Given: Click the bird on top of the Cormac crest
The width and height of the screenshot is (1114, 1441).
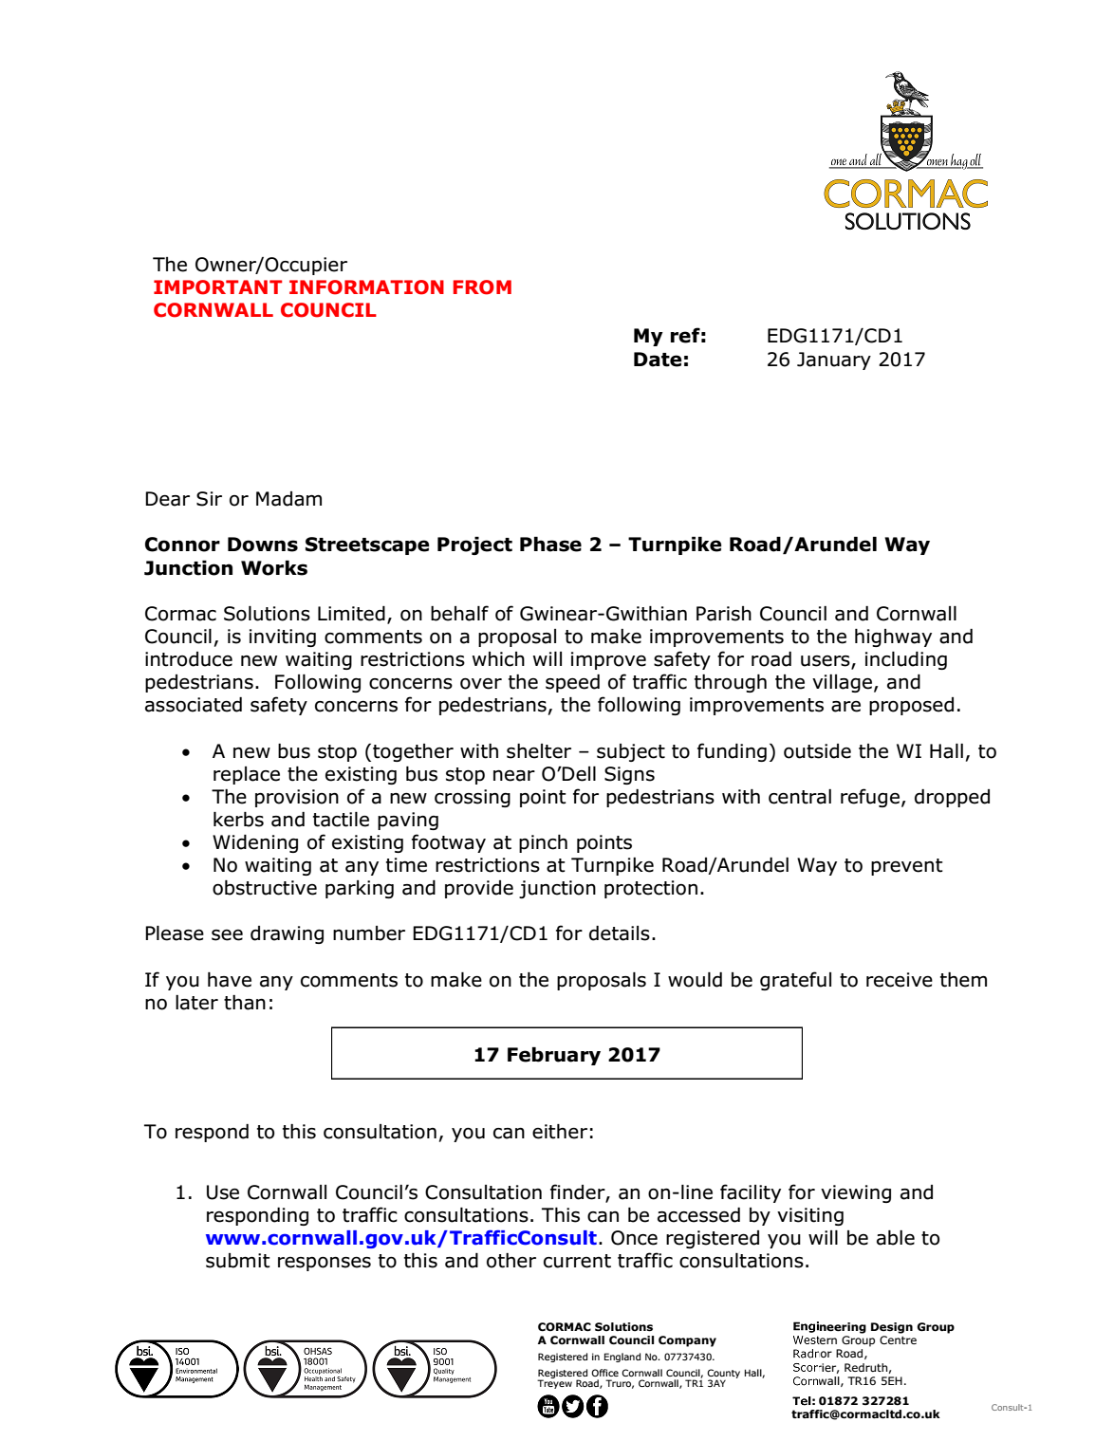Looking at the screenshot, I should (906, 91).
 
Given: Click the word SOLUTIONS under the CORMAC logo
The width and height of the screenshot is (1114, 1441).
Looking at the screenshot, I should (907, 222).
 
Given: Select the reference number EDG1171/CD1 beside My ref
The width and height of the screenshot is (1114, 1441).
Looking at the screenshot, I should (834, 336).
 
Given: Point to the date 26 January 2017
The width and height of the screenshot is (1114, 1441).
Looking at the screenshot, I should (845, 360).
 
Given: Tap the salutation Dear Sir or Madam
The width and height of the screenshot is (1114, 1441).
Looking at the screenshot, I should (233, 499).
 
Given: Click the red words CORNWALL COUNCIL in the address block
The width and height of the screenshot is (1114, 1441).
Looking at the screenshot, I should (265, 310).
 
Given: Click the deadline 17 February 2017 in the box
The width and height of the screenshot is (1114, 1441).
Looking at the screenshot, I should (566, 1055).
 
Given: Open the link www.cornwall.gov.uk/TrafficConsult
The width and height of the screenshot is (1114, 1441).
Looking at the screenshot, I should (400, 1238).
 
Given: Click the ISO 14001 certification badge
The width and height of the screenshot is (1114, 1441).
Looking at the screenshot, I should (176, 1368).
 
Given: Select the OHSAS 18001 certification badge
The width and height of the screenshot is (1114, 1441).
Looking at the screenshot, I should (306, 1368).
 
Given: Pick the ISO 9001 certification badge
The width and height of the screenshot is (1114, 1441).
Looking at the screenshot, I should (435, 1368).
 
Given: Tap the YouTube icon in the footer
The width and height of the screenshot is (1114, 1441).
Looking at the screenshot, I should (548, 1406).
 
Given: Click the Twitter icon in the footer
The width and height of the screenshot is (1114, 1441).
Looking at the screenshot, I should (572, 1406).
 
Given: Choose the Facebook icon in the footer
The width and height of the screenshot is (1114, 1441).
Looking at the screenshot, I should (597, 1406).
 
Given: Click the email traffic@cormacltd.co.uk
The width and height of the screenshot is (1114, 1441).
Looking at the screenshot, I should (865, 1414).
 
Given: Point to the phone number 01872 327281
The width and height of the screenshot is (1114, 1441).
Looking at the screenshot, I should (863, 1400).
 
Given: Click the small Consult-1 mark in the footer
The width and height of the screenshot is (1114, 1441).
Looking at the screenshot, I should (1011, 1408).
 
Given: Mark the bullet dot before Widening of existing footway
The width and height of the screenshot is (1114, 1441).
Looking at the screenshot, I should (186, 843).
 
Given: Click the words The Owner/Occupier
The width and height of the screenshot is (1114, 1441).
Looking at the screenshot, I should (250, 265).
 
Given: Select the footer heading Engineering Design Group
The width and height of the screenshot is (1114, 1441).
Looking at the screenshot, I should (873, 1327).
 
